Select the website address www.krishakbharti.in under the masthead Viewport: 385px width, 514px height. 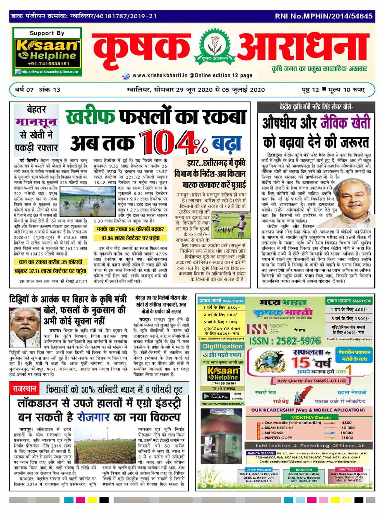tap(159, 75)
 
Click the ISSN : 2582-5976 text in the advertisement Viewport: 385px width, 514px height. tap(285, 341)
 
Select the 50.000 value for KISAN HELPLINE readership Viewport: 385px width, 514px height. tap(347, 428)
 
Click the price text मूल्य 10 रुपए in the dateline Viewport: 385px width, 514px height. tap(345, 90)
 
